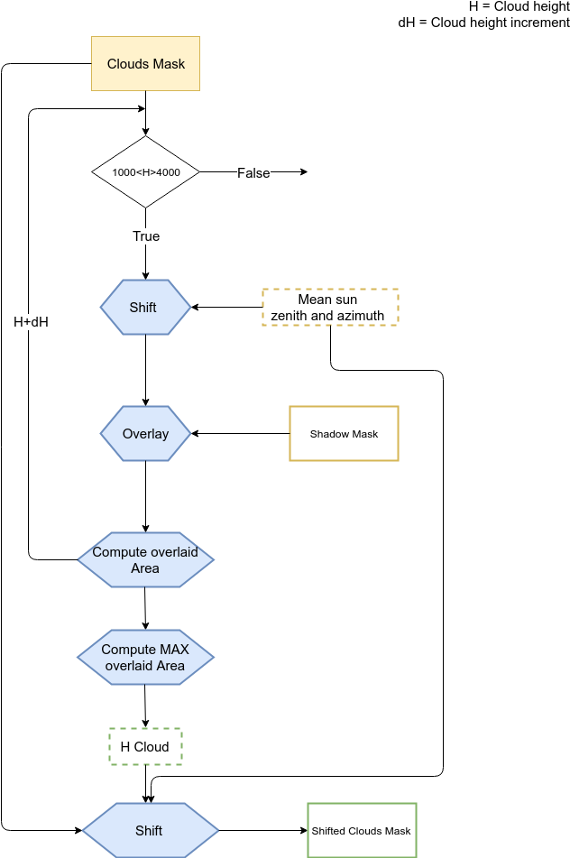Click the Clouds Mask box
[x=145, y=64]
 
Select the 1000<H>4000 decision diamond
[x=145, y=171]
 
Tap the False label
[x=253, y=173]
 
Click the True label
[x=146, y=236]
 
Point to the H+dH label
[x=32, y=322]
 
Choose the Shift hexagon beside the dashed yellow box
[x=145, y=308]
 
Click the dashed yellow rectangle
[x=330, y=307]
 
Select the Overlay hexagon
[x=145, y=434]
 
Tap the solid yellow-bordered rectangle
[x=344, y=434]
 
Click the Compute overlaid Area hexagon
[x=145, y=560]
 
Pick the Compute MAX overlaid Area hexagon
[x=145, y=658]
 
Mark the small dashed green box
[x=145, y=746]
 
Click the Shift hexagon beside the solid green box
[x=151, y=830]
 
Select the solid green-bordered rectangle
[x=362, y=830]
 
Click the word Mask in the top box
[x=169, y=64]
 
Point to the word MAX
[x=174, y=650]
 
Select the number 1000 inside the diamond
[x=123, y=172]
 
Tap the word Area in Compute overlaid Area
[x=145, y=568]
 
